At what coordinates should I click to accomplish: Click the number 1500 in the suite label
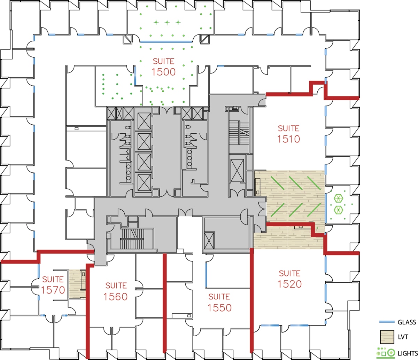(x=163, y=72)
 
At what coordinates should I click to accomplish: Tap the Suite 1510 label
(x=288, y=134)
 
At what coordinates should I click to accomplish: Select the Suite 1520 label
(x=289, y=279)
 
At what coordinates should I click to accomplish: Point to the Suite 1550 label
(x=219, y=302)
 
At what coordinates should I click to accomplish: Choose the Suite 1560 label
(x=116, y=291)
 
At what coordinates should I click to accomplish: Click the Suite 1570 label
(x=53, y=285)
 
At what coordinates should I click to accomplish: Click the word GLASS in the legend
(x=407, y=322)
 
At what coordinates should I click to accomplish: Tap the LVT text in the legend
(x=403, y=337)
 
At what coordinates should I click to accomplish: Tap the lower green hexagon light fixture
(x=338, y=210)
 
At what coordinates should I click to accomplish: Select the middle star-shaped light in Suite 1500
(x=167, y=23)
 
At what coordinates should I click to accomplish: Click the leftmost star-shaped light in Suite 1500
(x=156, y=23)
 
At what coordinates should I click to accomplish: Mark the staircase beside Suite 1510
(x=239, y=132)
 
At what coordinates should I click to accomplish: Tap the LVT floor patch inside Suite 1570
(x=75, y=284)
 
